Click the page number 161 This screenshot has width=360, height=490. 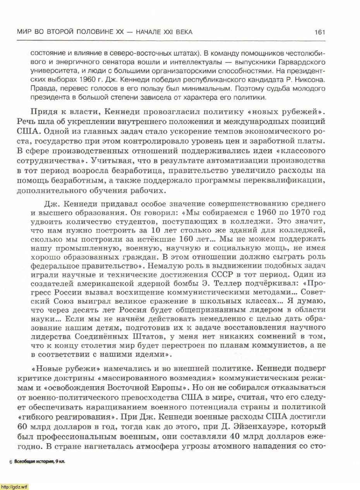click(319, 32)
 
